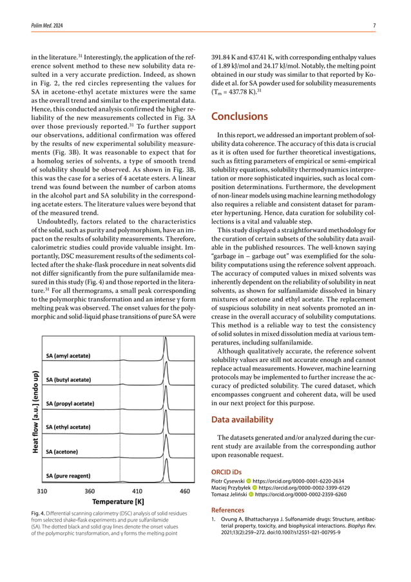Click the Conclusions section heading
240,117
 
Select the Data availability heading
242,419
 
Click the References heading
229,510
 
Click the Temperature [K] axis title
118,501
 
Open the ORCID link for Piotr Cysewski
298,481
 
